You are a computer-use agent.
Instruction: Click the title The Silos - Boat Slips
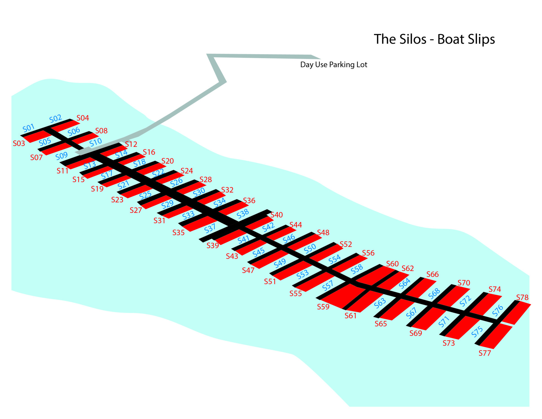434,39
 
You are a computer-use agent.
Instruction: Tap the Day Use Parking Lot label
333,65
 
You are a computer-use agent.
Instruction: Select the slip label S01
29,128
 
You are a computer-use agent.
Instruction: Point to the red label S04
83,118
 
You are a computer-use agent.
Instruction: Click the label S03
19,143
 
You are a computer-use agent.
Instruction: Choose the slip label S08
101,131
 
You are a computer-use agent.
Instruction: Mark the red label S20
167,161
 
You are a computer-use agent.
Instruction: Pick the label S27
135,210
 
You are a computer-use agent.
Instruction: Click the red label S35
178,233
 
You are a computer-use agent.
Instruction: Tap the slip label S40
277,215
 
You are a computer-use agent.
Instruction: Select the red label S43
232,256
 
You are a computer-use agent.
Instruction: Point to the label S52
346,244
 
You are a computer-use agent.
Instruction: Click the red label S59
323,307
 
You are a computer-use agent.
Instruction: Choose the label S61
350,316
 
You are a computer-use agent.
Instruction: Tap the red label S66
432,274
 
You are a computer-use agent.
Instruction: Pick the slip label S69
416,333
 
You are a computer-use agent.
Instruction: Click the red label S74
495,289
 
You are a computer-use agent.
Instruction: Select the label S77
485,353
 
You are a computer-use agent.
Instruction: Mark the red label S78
522,298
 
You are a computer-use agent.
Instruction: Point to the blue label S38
242,214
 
